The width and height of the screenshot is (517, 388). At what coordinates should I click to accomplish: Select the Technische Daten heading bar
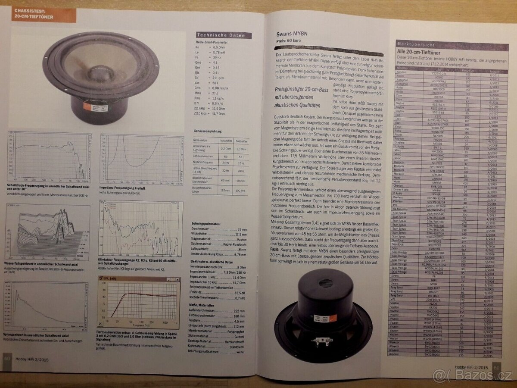[223, 35]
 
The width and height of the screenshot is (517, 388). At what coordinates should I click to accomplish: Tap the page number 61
[495, 367]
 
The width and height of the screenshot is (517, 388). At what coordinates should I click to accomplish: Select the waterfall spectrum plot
[47, 232]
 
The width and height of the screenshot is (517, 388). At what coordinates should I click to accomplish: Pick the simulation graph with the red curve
[140, 302]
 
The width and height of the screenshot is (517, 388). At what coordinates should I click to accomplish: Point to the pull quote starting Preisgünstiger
[298, 97]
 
